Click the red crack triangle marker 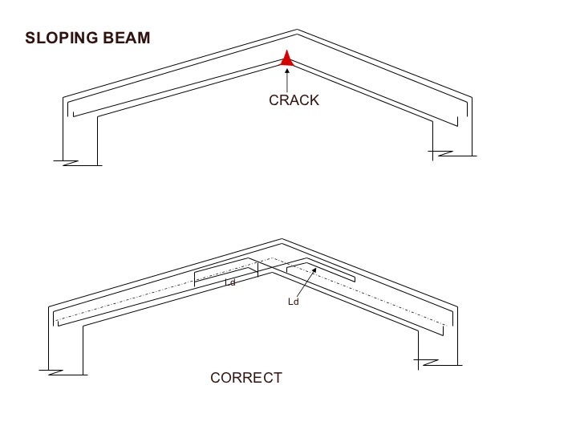[x=286, y=58]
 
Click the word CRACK [x=294, y=100]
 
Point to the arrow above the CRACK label [x=286, y=78]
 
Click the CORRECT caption [x=246, y=377]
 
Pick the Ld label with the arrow [x=293, y=302]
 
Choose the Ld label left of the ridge [x=230, y=282]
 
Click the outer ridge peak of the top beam [x=297, y=31]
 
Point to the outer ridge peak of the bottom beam [x=282, y=239]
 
